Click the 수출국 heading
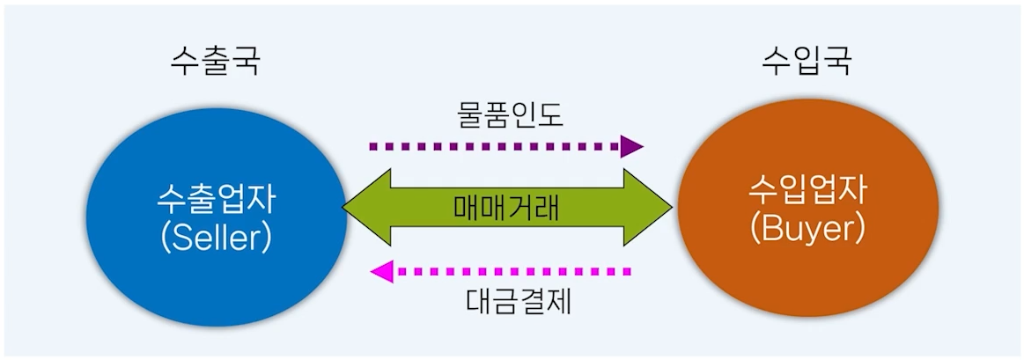(216, 62)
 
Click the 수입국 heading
(807, 62)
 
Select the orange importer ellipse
(807, 264)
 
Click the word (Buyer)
(807, 228)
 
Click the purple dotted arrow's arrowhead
(631, 146)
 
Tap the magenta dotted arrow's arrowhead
(381, 271)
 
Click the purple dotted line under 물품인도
(493, 146)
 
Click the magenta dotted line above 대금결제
(519, 271)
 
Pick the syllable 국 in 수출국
(246, 62)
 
